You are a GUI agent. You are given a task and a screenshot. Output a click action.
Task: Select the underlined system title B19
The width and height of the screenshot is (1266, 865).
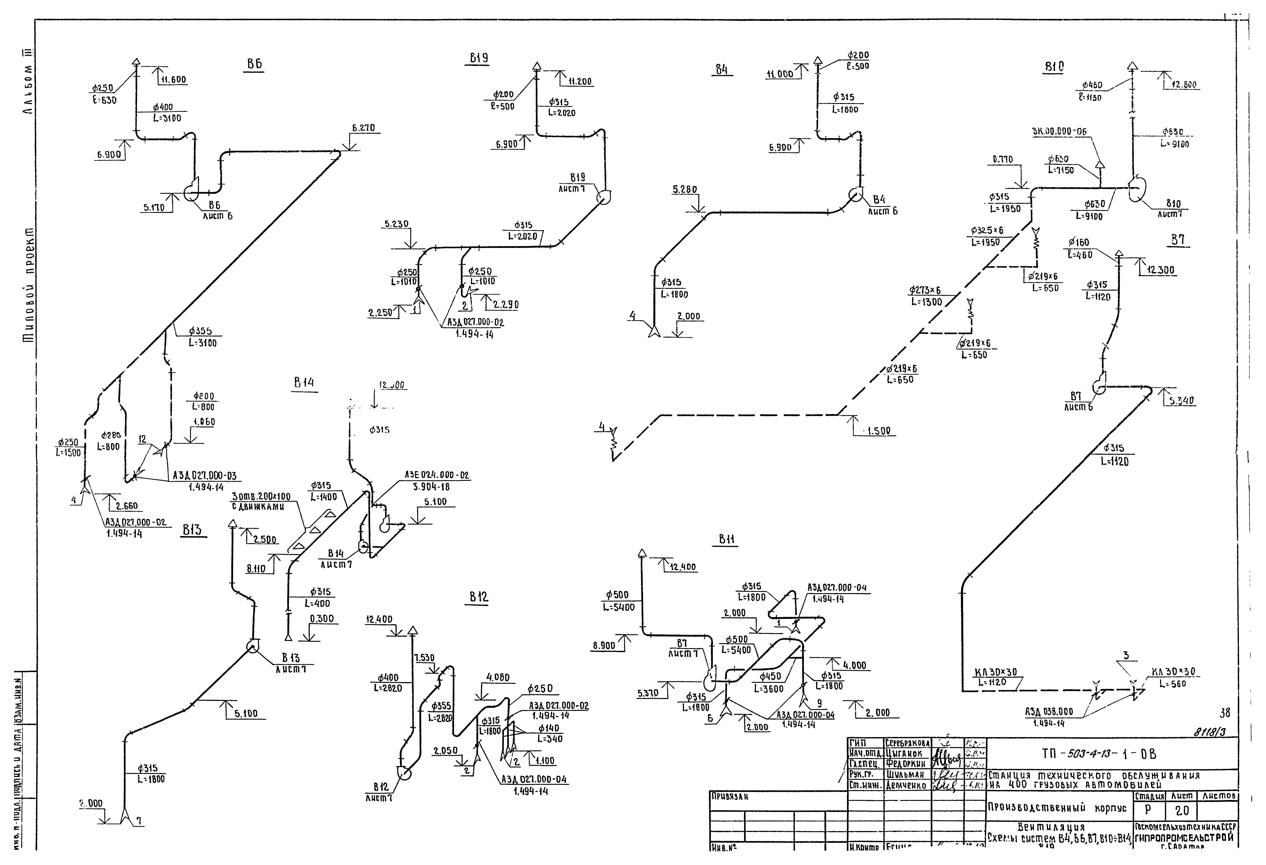479,58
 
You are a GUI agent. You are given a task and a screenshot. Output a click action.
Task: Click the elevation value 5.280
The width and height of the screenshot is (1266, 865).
685,190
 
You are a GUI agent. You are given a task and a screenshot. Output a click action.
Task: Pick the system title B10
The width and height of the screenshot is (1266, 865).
1054,67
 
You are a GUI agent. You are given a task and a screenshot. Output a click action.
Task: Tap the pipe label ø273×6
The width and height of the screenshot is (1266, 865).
924,291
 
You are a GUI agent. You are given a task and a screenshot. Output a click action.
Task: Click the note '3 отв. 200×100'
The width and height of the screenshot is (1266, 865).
261,497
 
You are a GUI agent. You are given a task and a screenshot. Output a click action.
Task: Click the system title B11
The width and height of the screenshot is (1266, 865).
727,539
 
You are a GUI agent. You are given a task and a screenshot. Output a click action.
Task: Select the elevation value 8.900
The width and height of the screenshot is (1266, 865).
604,646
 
